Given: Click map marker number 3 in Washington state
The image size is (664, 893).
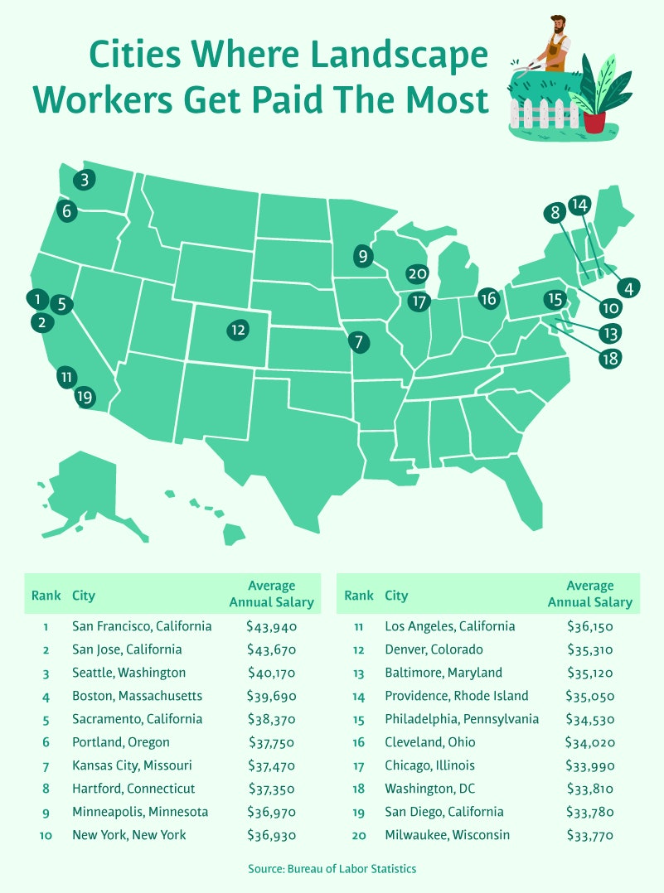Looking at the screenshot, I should tap(84, 179).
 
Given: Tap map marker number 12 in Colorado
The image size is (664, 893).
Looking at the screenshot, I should tap(238, 330).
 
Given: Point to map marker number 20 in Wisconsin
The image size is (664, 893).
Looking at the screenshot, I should tap(417, 274).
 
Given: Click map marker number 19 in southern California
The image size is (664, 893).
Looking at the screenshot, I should tap(84, 397).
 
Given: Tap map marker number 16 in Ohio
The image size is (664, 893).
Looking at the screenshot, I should tap(488, 298).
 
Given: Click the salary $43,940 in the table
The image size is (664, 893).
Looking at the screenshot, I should tap(271, 626).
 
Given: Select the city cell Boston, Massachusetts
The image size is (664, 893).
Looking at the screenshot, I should tap(138, 696).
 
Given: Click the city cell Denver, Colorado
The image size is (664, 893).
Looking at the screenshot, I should tap(434, 649).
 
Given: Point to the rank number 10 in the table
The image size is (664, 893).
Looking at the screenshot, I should tap(46, 835).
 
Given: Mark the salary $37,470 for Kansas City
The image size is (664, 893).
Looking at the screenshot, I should tap(271, 765).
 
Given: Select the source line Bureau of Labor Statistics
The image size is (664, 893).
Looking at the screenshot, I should tap(332, 869).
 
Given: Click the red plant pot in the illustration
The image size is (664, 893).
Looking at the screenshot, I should tap(594, 122).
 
